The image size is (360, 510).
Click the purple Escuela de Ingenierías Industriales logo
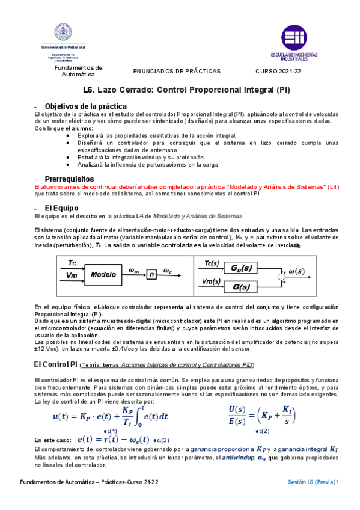pos(293,39)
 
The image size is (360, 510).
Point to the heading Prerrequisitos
pos(70,179)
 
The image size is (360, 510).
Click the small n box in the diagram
pos(152,275)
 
